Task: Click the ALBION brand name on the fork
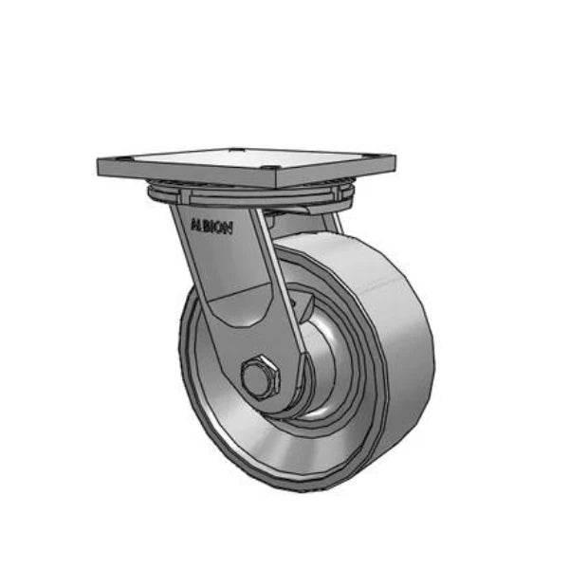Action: pos(217,228)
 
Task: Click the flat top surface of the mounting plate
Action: pos(247,162)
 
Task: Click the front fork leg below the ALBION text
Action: pos(237,284)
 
